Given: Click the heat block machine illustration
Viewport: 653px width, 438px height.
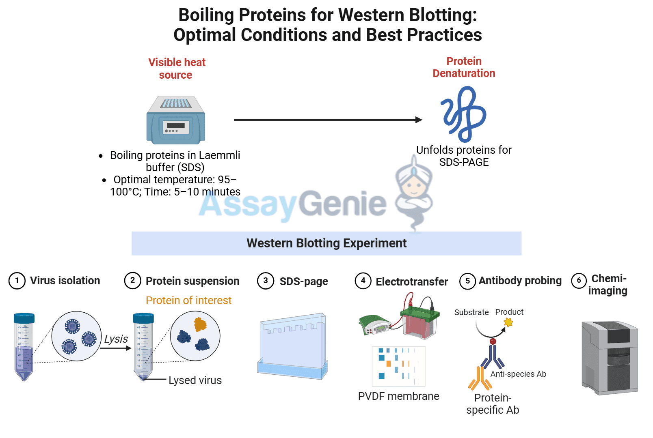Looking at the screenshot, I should pos(175,120).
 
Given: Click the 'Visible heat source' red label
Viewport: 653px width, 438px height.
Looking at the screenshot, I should pos(177,69).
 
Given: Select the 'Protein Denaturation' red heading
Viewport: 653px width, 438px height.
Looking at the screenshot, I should pos(464,67).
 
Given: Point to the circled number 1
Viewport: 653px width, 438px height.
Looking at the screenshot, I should pos(17,281).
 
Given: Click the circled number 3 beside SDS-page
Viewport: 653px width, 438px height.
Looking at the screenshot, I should pos(266,281).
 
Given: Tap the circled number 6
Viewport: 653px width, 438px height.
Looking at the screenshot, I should pos(579,280).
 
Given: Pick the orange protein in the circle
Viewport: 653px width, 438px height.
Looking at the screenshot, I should pos(200,324).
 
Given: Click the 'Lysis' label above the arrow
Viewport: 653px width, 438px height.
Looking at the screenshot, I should pos(116,339).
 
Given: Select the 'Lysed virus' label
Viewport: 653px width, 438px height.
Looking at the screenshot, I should pos(195,380).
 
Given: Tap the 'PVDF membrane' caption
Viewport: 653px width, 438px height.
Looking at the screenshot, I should pos(398,396).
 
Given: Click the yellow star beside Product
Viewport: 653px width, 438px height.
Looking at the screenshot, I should pos(508,322).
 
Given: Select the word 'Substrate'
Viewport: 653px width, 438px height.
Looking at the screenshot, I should pos(471,312).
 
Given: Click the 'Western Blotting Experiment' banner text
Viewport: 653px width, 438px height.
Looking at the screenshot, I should pos(326,243).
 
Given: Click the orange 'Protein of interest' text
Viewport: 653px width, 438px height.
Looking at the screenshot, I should pos(188,301).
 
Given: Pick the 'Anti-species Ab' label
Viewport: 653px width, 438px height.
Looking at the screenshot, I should pos(518,374).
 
